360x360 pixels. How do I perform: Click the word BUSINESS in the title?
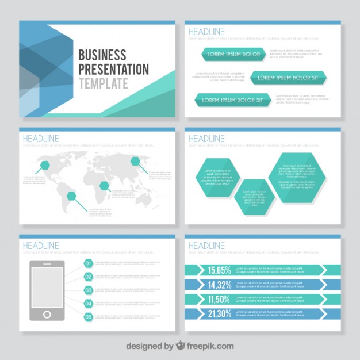102,56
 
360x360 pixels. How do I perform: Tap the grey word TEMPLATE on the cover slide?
104,83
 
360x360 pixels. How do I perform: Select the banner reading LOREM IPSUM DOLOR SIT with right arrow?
288,78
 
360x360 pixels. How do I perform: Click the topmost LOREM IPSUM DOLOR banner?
233,55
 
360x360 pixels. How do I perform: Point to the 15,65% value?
220,270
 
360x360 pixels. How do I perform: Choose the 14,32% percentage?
220,285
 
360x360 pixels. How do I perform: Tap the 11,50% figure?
220,299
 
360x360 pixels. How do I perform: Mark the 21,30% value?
220,314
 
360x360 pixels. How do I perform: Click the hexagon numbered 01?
89,263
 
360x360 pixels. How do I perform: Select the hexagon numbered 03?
89,290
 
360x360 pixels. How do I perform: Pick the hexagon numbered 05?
89,317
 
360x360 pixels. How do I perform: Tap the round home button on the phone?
47,315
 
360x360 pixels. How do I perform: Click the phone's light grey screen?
47,287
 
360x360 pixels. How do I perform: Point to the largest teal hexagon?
297,178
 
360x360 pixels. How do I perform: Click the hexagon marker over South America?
72,197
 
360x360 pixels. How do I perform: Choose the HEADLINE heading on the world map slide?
41,139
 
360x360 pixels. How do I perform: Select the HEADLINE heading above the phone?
41,246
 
